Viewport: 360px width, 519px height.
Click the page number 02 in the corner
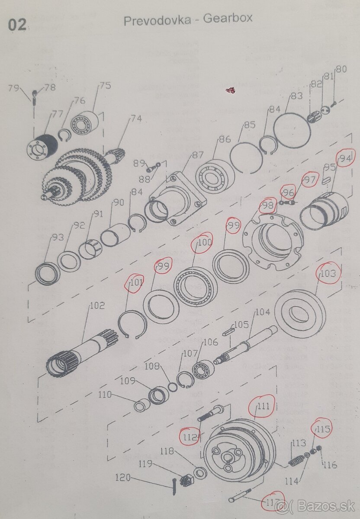pos(17,26)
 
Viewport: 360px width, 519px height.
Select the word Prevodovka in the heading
pos(157,21)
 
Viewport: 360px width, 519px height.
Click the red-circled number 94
pos(345,159)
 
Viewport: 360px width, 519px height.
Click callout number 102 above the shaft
pos(97,306)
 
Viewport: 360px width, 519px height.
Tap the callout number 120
pos(123,477)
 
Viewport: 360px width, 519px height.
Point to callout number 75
pos(105,86)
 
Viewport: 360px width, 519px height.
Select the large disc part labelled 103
pos(300,313)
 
